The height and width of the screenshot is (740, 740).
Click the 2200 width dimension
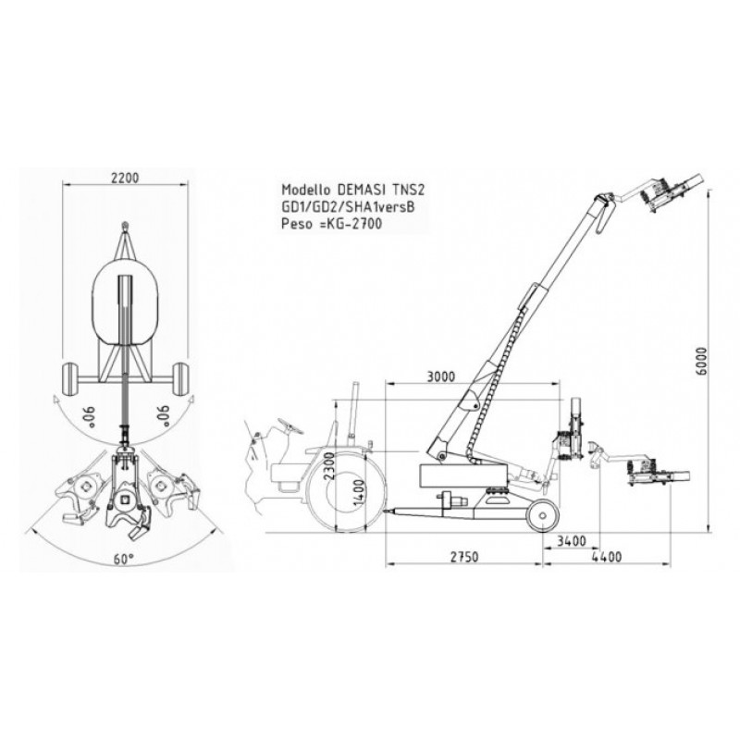pos(125,178)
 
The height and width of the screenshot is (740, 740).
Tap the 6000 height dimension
pos(703,361)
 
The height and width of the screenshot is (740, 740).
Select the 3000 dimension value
pos(441,376)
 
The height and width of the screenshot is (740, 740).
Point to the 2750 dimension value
pos(464,557)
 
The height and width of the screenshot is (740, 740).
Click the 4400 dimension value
pos(607,557)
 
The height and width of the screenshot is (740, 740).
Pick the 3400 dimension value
pos(572,541)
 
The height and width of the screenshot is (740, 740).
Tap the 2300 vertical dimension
pos(329,465)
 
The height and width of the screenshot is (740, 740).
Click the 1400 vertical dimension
pos(359,493)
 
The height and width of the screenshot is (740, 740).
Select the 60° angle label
pos(124,560)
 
